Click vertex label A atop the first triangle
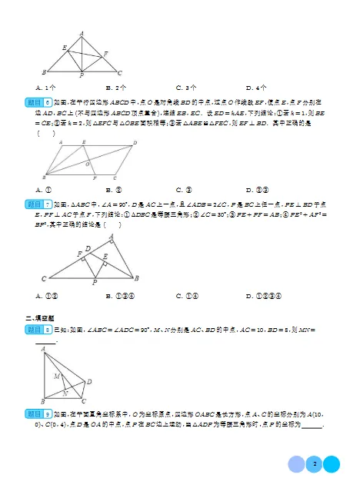(82, 32)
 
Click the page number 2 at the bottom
(315, 464)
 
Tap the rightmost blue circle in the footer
(332, 464)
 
